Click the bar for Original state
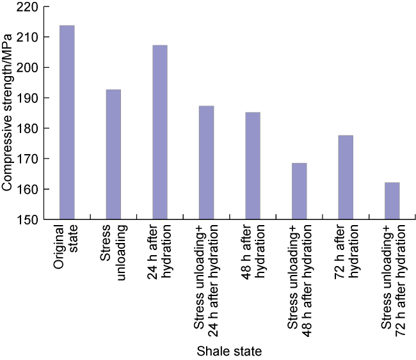coord(67,122)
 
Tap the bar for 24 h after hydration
coord(159,132)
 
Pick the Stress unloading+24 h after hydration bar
coord(206,162)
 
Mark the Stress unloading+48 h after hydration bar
coord(299,191)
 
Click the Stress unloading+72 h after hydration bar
coord(392,201)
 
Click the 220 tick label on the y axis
coord(29,7)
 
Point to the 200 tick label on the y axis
coord(29,68)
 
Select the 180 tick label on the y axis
coord(29,129)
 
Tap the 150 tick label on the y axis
coord(29,220)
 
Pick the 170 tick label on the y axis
coord(29,159)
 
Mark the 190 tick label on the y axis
coord(29,98)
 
